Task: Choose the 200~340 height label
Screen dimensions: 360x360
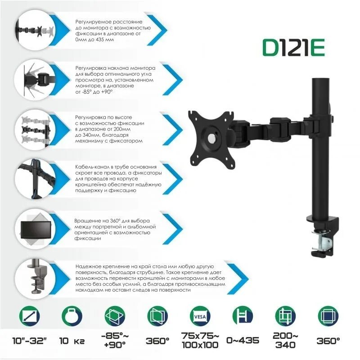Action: pyautogui.click(x=284, y=340)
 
